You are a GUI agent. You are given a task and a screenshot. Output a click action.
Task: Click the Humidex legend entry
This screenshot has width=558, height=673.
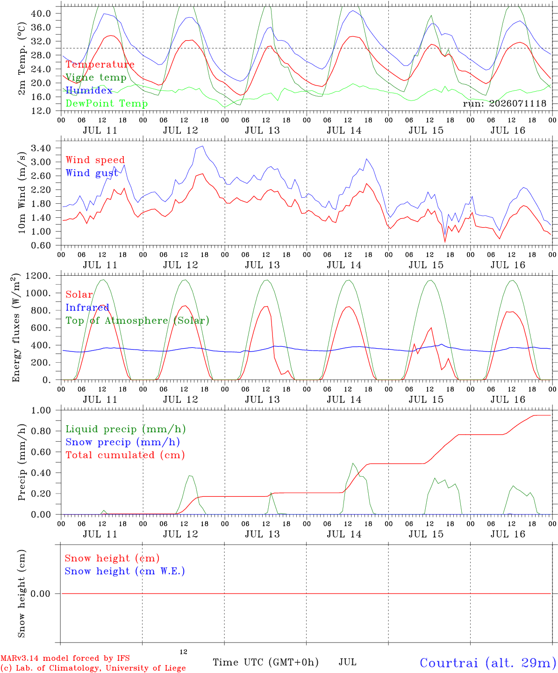point(89,90)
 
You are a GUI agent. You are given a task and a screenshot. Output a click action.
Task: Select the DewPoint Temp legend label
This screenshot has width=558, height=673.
point(107,103)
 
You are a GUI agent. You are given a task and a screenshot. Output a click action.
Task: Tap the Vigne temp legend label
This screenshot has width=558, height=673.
point(96,78)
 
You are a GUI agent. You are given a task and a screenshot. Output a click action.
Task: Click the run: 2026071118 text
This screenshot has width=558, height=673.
point(504,103)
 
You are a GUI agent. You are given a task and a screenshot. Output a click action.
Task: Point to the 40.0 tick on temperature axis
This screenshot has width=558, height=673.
point(41,14)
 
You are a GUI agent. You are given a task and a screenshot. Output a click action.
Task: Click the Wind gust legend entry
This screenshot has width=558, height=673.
point(92,173)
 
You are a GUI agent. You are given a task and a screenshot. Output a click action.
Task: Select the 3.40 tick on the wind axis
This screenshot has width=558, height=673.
point(41,148)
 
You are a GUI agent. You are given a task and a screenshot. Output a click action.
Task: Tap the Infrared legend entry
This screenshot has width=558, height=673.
point(87,308)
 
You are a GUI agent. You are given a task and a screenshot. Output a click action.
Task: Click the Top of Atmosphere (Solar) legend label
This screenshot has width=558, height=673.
point(138,321)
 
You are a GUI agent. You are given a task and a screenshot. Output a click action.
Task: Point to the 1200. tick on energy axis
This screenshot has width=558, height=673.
point(38,276)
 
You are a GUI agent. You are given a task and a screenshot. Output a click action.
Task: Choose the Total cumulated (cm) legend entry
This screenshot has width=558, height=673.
point(125,455)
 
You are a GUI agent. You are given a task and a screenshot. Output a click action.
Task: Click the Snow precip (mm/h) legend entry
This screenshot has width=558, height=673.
point(123,442)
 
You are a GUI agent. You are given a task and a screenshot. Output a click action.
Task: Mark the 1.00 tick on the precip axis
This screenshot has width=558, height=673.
point(41,411)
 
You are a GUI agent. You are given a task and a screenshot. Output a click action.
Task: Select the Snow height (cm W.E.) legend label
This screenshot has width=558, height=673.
point(125,571)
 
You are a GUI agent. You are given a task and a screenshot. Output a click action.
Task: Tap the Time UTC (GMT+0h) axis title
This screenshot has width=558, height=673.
point(265,662)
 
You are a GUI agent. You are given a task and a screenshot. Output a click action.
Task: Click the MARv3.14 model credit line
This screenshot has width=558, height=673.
point(65,658)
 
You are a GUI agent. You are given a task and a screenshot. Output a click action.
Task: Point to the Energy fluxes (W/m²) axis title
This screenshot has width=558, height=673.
point(15,328)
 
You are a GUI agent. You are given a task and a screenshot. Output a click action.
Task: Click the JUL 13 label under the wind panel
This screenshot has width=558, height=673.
point(262,265)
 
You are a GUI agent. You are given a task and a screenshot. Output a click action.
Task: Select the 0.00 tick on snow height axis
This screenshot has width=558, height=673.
point(41,594)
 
